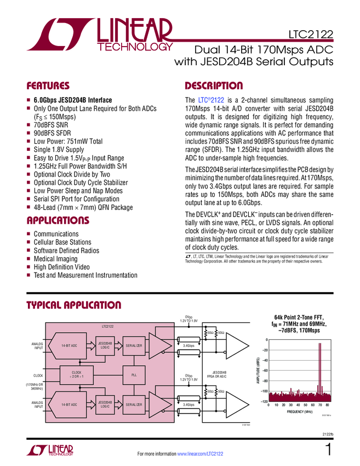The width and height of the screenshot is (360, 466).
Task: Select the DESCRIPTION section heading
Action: (214, 86)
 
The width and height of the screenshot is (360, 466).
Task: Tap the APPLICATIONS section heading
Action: (58, 220)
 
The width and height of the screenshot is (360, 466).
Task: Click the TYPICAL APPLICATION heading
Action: (73, 305)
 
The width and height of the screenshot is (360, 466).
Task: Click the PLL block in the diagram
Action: (134, 375)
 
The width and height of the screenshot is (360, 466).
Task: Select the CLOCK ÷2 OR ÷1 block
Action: (73, 375)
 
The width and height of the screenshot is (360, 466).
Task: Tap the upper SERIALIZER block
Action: (134, 345)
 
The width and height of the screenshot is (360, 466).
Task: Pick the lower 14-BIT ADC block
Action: (69, 404)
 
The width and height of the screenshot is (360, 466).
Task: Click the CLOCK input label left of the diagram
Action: (38, 375)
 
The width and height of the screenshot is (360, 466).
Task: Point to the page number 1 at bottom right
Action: (328, 451)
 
